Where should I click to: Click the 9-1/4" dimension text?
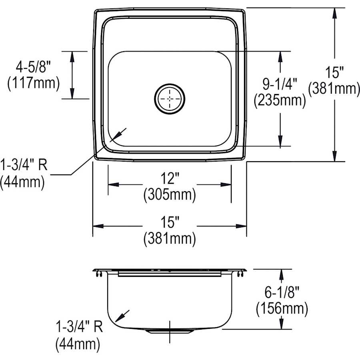[x=280, y=84]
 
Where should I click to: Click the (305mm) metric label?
[x=170, y=195]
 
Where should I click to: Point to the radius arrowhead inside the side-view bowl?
[x=118, y=318]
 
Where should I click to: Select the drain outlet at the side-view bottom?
[x=170, y=331]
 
